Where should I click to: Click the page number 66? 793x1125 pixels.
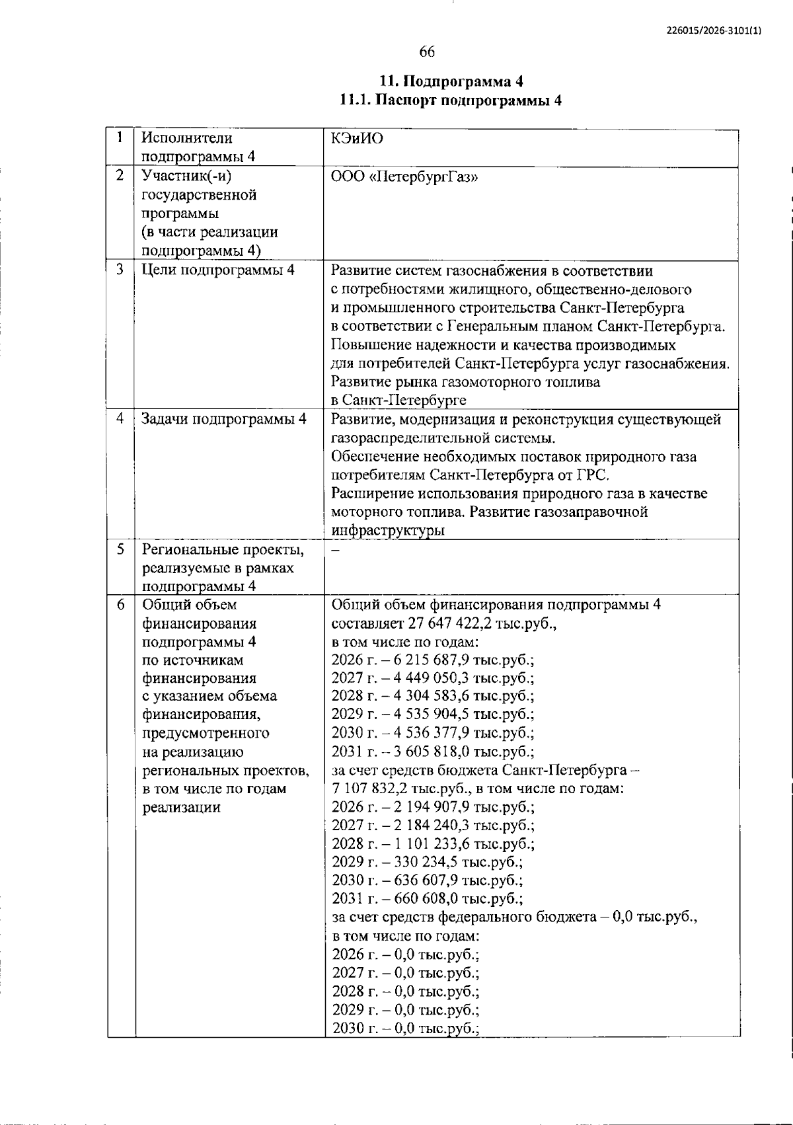(427, 52)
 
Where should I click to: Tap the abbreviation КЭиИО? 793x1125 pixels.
(357, 139)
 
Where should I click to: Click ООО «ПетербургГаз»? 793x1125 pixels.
(404, 177)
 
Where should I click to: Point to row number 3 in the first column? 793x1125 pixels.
(120, 270)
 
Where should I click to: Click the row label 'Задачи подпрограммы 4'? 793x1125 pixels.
(224, 419)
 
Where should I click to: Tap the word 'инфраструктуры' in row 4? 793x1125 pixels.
(387, 531)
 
